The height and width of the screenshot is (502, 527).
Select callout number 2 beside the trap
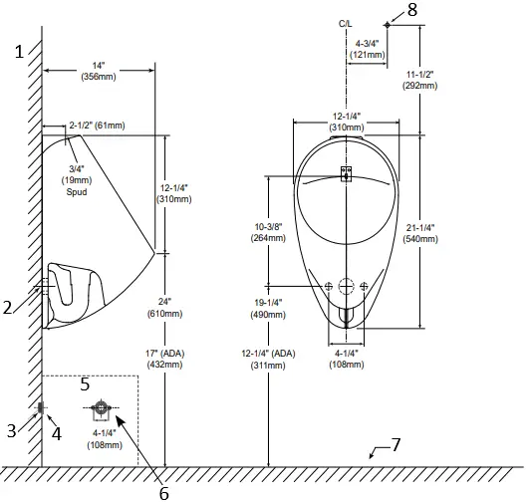point(8,308)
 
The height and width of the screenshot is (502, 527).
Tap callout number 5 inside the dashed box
point(85,382)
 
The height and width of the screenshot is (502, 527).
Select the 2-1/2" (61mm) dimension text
point(97,125)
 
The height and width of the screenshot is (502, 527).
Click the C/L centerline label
point(346,22)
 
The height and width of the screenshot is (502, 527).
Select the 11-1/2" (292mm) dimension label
point(418,81)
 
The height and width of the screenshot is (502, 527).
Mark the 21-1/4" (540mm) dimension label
point(420,232)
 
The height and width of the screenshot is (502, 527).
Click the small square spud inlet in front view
point(346,173)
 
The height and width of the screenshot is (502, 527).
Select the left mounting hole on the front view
point(328,286)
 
